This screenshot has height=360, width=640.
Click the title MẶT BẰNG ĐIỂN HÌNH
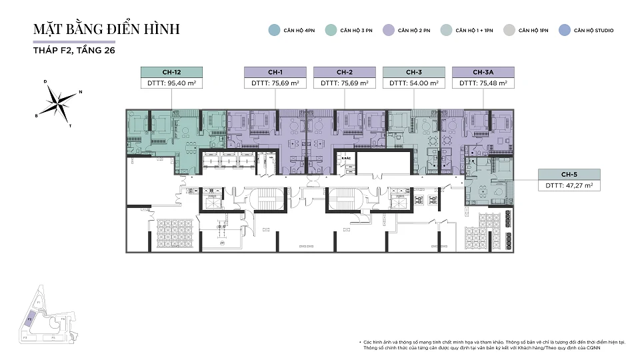click(107, 29)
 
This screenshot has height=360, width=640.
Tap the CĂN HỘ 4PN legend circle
click(273, 30)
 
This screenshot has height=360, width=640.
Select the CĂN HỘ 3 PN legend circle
click(330, 30)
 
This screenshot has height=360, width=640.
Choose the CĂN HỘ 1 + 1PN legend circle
click(445, 30)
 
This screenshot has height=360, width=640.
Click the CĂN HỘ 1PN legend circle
click(509, 30)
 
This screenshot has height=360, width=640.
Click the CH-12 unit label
click(171, 72)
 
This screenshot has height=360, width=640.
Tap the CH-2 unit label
click(345, 72)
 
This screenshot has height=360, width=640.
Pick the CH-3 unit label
click(414, 72)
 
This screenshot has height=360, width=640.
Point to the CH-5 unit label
click(569, 175)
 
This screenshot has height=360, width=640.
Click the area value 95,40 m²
click(182, 84)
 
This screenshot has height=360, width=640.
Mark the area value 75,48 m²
click(494, 84)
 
